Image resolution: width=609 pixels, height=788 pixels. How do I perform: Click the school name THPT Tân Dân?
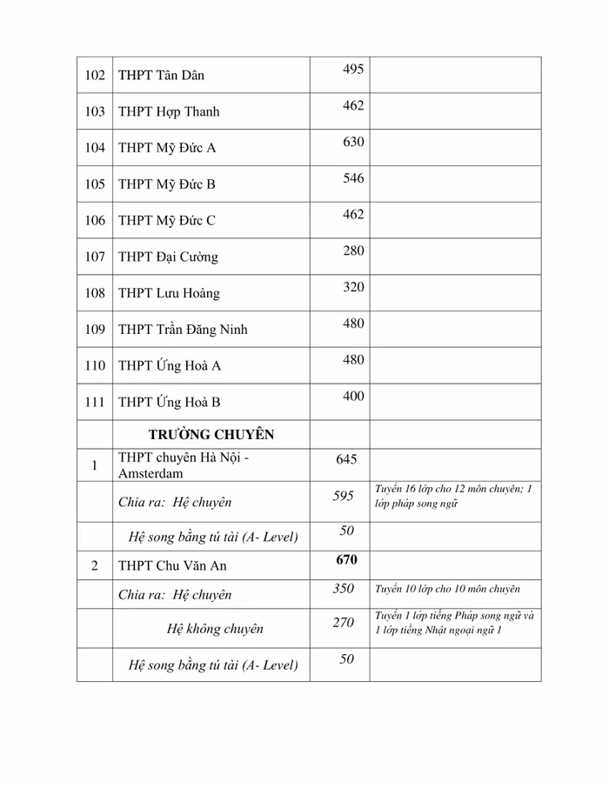(x=161, y=76)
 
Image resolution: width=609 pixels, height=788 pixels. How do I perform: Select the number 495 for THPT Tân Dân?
(x=353, y=70)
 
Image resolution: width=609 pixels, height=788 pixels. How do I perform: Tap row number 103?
(x=95, y=112)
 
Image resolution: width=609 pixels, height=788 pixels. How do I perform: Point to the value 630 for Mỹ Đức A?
(x=353, y=142)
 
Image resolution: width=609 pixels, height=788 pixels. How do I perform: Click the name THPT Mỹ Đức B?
(x=166, y=184)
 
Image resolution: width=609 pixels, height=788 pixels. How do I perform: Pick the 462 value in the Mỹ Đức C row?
(x=353, y=215)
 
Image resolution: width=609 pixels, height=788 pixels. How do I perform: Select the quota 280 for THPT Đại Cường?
(x=353, y=251)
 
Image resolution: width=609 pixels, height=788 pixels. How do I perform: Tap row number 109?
(x=95, y=330)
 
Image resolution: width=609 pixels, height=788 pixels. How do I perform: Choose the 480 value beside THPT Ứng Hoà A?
(x=353, y=359)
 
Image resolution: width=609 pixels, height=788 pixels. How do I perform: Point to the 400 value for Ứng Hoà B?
(x=353, y=396)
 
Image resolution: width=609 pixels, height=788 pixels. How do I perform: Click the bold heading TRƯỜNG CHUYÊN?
(x=211, y=435)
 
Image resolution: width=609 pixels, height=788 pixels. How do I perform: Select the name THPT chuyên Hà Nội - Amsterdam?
(x=184, y=466)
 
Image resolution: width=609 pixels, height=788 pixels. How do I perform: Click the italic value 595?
(x=344, y=496)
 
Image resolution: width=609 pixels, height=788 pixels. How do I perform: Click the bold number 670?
(x=346, y=559)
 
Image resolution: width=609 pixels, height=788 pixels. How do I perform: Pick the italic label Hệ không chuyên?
(x=214, y=629)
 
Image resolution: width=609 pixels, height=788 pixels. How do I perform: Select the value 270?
(x=344, y=623)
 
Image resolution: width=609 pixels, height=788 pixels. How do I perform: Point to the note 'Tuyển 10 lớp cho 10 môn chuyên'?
(x=447, y=589)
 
